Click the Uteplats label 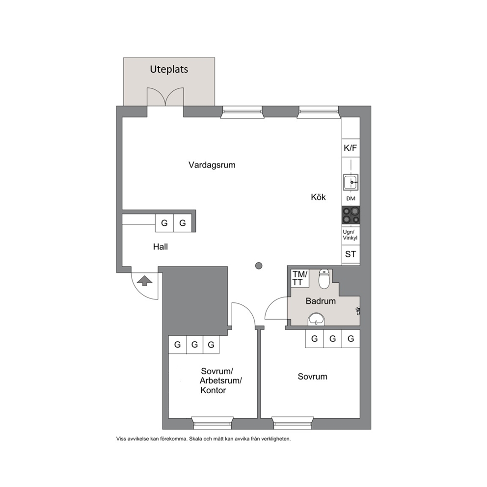[169, 69]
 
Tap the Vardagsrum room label [212, 165]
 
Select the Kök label [318, 197]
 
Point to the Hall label [160, 246]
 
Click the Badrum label [321, 301]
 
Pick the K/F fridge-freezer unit [351, 148]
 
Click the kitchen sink [351, 182]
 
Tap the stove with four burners [351, 215]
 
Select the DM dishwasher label [351, 199]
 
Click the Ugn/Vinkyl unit [351, 235]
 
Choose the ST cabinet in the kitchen [351, 254]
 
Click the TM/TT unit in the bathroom [300, 278]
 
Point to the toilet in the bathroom [324, 279]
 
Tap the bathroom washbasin [316, 319]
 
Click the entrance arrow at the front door [145, 281]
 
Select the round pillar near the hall [259, 266]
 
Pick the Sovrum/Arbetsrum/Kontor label [220, 381]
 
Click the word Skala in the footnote [196, 439]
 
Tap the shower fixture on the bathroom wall [358, 311]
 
